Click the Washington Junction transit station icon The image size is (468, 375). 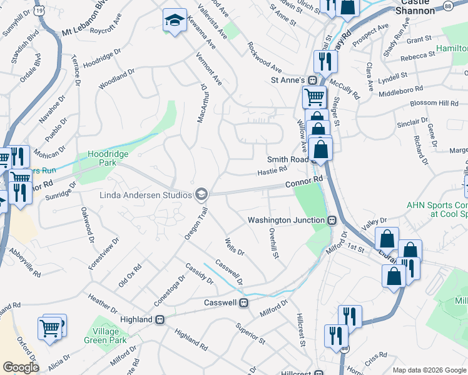tap(333, 220)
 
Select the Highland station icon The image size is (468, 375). tap(160, 319)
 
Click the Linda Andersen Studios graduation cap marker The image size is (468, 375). tap(201, 195)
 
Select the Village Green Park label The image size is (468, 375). tap(106, 336)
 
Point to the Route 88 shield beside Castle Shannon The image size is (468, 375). tap(447, 5)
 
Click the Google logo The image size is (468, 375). tap(21, 367)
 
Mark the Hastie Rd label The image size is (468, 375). tap(272, 169)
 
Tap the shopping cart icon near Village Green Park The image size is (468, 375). tap(49, 327)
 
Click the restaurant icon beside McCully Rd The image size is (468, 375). tap(325, 61)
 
